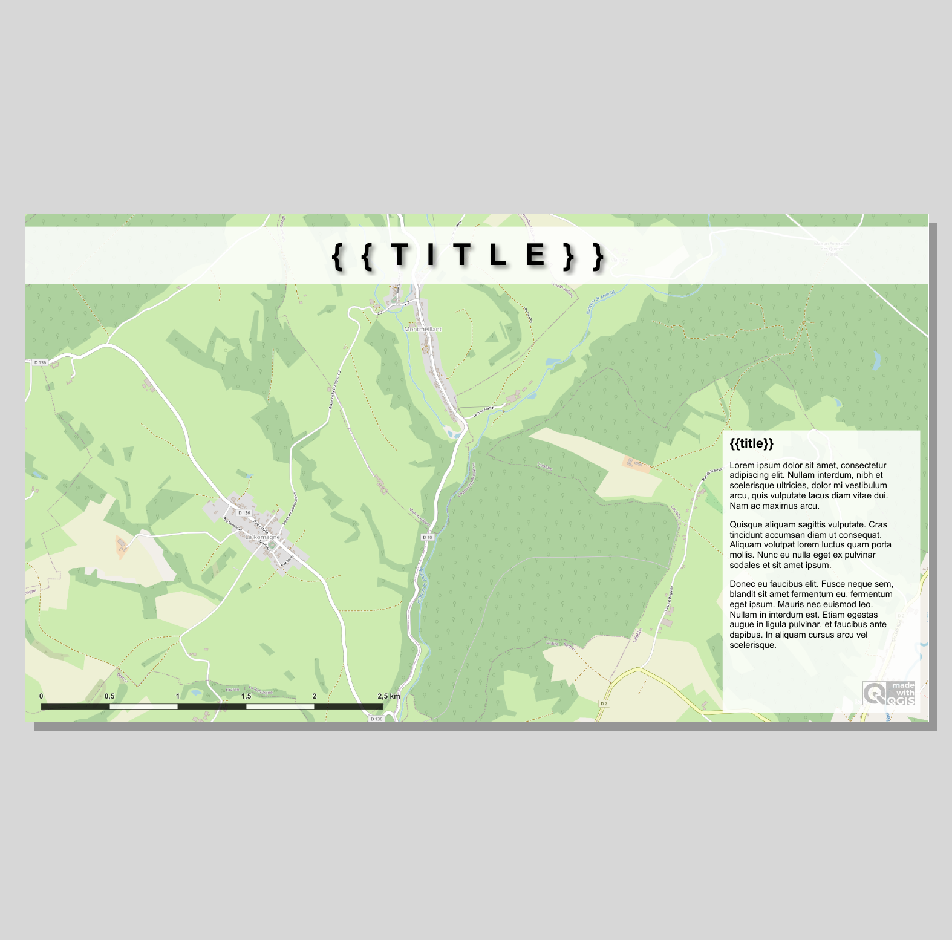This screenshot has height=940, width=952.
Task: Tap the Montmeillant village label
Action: [x=423, y=329]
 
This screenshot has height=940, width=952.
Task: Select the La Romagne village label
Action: [x=262, y=537]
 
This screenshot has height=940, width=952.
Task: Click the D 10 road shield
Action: [x=428, y=537]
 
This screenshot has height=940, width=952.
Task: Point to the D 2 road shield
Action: [x=604, y=703]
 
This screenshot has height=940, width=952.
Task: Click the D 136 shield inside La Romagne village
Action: [x=244, y=513]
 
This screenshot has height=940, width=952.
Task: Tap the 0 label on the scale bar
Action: [x=41, y=696]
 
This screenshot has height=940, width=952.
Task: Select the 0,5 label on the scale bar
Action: [x=109, y=696]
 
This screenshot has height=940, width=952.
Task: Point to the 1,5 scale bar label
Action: [x=246, y=696]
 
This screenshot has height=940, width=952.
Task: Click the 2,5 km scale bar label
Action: [x=389, y=696]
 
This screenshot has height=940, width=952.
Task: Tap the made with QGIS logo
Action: [x=888, y=693]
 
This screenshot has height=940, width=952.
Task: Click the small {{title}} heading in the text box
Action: [x=751, y=443]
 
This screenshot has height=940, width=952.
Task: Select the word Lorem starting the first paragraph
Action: [x=742, y=465]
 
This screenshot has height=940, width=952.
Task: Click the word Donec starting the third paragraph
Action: [x=742, y=584]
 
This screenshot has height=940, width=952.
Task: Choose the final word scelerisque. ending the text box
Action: [x=753, y=645]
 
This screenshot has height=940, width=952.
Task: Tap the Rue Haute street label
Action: [x=260, y=526]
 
